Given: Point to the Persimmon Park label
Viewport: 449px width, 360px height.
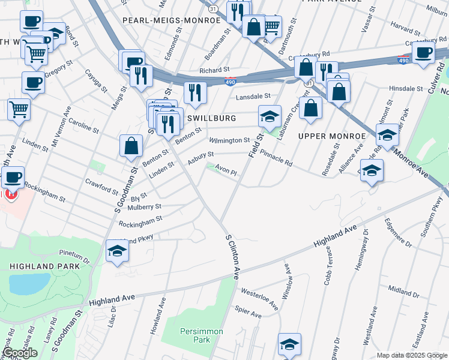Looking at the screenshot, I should coord(201,335).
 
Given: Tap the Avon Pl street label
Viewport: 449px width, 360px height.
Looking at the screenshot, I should coord(227,171).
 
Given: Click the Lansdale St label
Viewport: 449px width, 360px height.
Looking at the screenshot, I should coord(253,96).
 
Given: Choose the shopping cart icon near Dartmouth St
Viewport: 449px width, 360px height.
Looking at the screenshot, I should coord(271,25).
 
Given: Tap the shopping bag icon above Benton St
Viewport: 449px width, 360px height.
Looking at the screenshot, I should coord(130,145).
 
